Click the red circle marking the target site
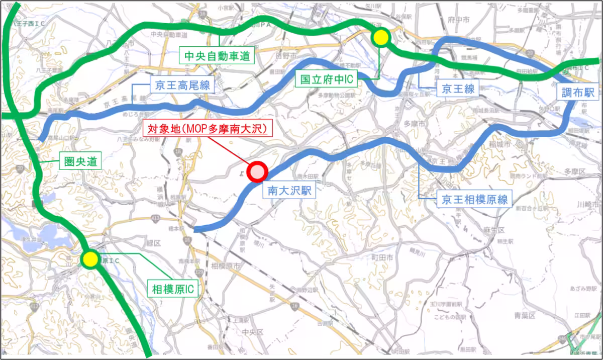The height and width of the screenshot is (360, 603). (257, 171)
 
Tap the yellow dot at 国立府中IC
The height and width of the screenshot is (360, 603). (381, 37)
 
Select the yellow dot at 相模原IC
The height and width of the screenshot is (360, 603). (90, 259)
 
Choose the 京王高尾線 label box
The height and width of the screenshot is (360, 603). (182, 84)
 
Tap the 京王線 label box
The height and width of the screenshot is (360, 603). (458, 89)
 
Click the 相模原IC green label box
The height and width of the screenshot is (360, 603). (172, 289)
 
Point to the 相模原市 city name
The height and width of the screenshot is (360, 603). (226, 265)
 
